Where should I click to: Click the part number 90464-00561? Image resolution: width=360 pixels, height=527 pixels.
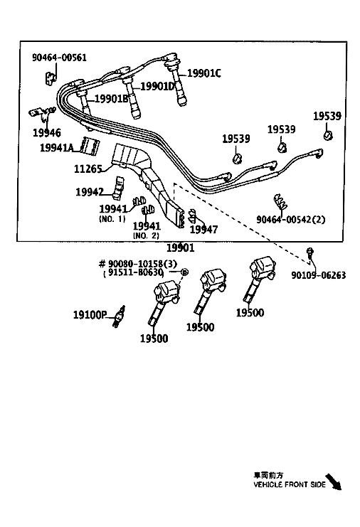click(x=59, y=58)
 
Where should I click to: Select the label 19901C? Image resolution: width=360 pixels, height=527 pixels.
click(x=204, y=73)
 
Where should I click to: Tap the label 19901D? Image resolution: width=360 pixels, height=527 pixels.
click(x=157, y=86)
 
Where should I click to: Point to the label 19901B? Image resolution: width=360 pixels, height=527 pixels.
click(x=112, y=99)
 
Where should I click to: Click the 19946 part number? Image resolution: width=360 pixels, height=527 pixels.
click(x=47, y=133)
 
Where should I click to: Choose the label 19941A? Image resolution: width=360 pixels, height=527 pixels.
click(x=57, y=147)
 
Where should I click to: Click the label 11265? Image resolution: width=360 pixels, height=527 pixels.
click(x=88, y=169)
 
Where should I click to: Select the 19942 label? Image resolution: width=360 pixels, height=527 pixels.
click(x=90, y=192)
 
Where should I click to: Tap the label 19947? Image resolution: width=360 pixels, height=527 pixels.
click(x=203, y=229)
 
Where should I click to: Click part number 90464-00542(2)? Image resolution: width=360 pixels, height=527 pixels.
click(x=291, y=220)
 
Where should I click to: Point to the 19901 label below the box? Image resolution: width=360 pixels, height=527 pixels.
click(x=181, y=248)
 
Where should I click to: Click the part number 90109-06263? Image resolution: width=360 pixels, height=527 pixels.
click(x=318, y=275)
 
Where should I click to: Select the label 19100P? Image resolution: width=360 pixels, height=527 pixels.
click(x=90, y=315)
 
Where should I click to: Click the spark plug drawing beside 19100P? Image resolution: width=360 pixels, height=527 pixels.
click(x=119, y=316)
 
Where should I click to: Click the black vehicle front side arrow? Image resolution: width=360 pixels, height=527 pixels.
click(x=333, y=481)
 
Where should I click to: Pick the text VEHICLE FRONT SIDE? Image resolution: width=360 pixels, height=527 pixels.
click(x=290, y=484)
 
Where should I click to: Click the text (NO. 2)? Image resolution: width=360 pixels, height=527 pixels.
click(x=146, y=235)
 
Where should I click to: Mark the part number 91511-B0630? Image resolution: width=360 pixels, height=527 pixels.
click(x=135, y=272)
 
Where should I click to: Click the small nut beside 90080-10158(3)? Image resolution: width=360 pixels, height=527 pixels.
click(x=184, y=272)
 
